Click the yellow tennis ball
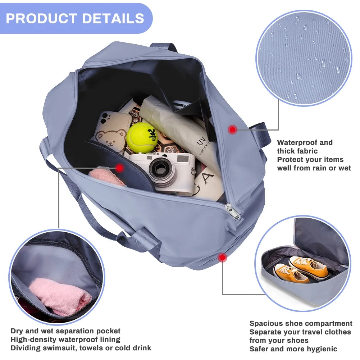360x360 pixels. [142, 137]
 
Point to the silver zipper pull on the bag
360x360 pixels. [233, 211]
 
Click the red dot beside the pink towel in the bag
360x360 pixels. [119, 168]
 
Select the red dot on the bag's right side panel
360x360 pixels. [232, 129]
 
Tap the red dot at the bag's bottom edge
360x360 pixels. [222, 258]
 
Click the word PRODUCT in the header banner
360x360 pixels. [41, 18]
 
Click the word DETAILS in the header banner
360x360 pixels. [113, 18]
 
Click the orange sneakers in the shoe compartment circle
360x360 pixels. [301, 270]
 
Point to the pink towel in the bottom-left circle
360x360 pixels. [60, 296]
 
